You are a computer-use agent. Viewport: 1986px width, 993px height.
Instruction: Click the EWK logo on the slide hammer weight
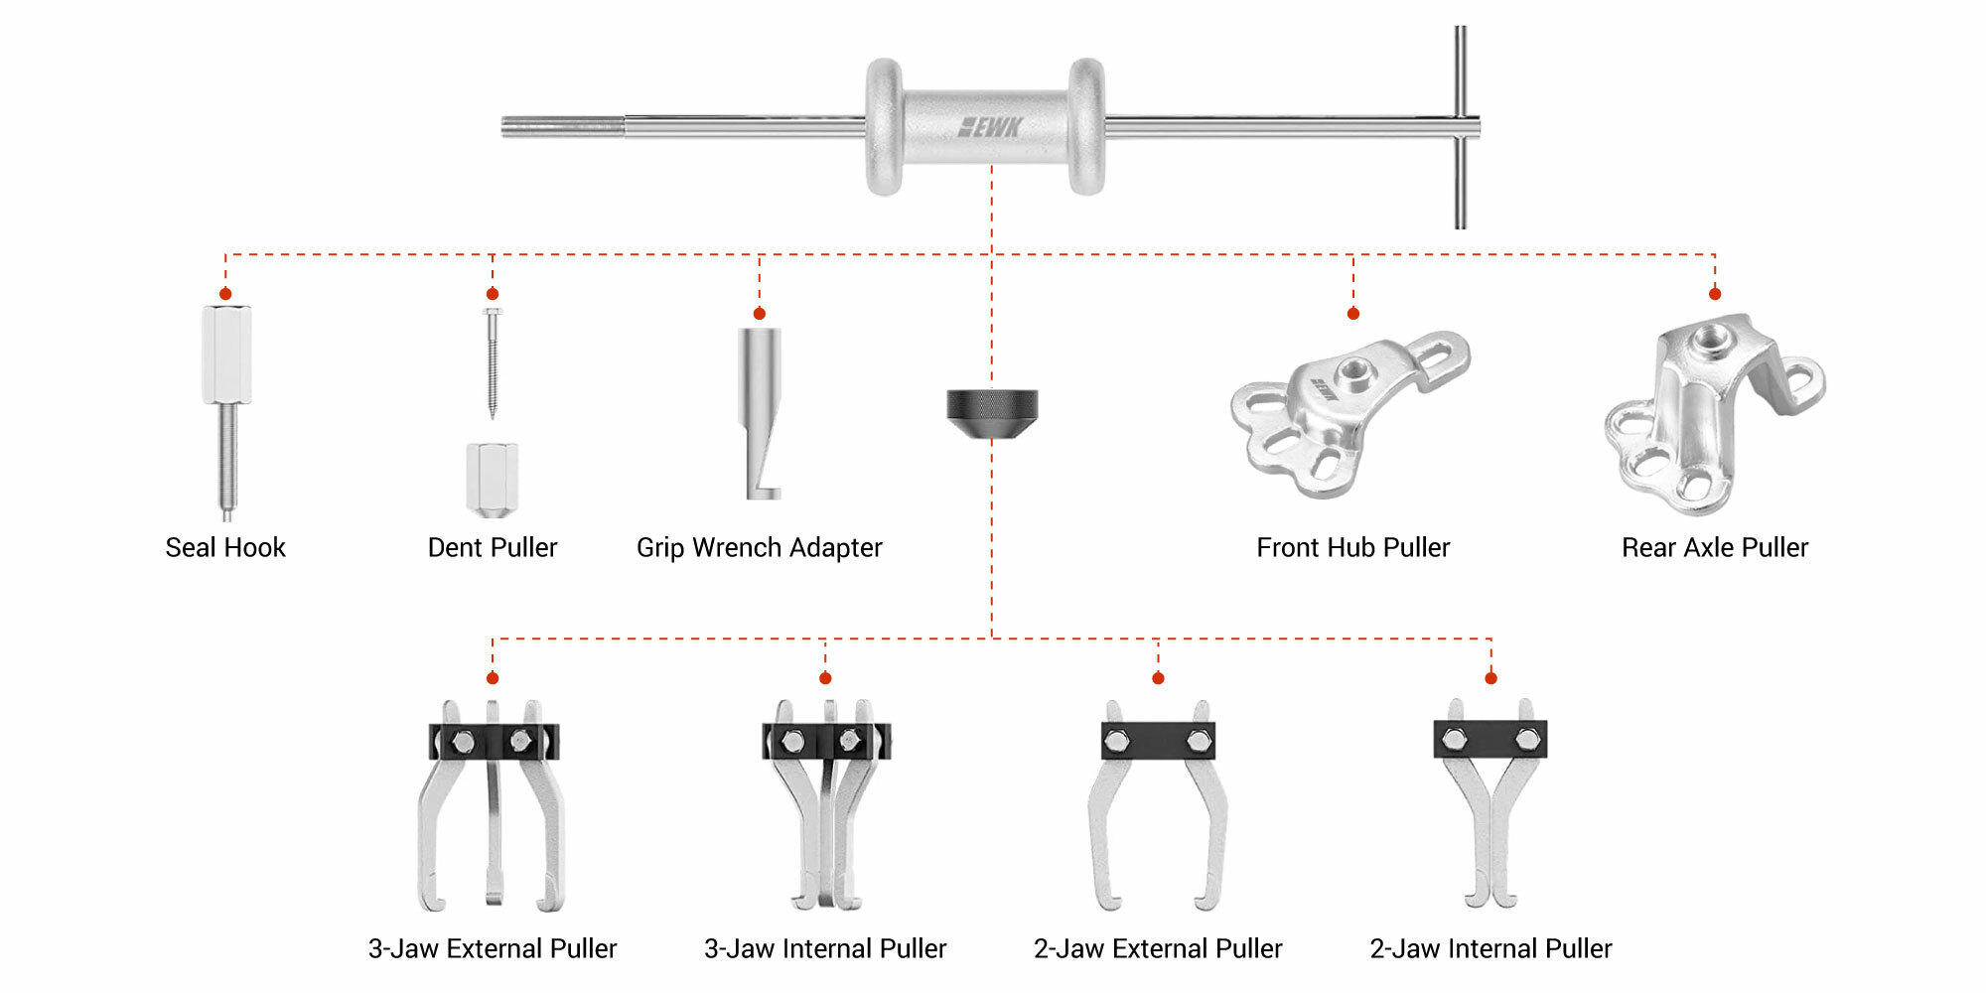[x=990, y=127]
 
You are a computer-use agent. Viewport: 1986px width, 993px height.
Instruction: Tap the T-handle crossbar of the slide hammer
[x=1460, y=126]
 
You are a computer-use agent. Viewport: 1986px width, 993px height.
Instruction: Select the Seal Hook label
[x=225, y=547]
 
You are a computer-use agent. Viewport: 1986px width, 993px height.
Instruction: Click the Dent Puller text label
[x=493, y=547]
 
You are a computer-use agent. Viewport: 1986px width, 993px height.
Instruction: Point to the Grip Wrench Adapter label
[x=759, y=547]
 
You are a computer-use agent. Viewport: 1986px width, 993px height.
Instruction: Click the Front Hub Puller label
[x=1352, y=547]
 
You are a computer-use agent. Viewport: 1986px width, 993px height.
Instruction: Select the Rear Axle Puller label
[x=1715, y=547]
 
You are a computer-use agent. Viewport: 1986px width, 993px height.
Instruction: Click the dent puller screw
[x=493, y=362]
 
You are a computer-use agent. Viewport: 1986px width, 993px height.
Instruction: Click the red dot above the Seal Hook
[x=225, y=294]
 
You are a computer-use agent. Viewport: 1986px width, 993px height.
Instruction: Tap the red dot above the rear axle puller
[x=1715, y=294]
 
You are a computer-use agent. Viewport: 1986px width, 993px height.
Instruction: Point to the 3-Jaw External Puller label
[x=493, y=948]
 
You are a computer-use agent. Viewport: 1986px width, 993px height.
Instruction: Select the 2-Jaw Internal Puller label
[x=1490, y=948]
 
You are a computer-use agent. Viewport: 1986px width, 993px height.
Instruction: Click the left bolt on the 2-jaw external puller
[x=1116, y=741]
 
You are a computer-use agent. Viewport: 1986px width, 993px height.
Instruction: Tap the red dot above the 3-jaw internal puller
[x=825, y=678]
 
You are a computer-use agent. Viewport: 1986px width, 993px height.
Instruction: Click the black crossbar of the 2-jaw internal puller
[x=1490, y=739]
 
